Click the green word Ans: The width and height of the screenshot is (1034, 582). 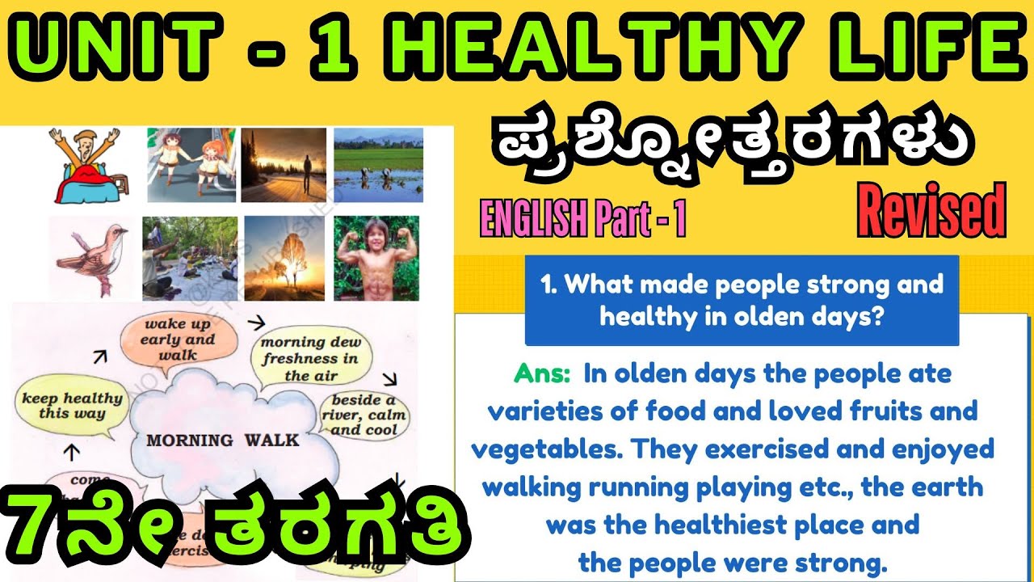point(544,375)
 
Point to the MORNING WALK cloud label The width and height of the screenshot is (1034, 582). point(223,441)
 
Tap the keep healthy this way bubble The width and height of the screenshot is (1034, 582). point(72,406)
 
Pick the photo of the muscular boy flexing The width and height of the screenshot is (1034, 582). point(376,258)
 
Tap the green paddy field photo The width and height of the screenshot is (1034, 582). point(379,164)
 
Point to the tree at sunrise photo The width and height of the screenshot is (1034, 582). point(284,258)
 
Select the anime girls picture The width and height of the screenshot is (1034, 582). point(191,164)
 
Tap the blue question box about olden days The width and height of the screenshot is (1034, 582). point(742,300)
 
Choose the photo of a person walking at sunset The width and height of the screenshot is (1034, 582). point(283,165)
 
